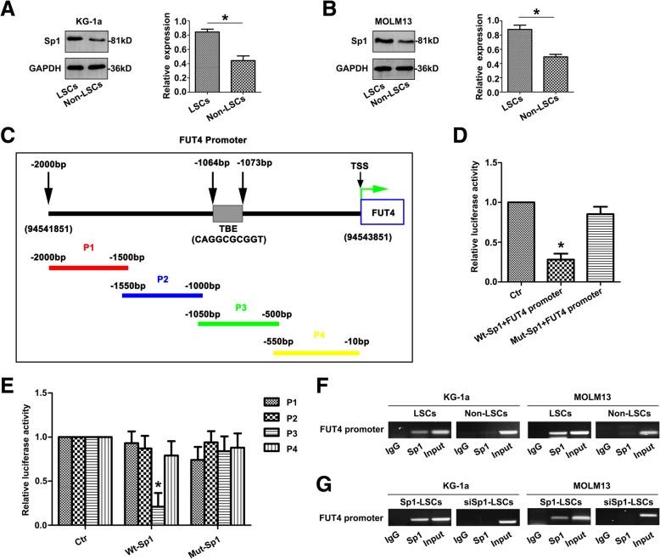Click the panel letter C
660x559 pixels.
pos(8,136)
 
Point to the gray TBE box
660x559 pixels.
pos(227,212)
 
